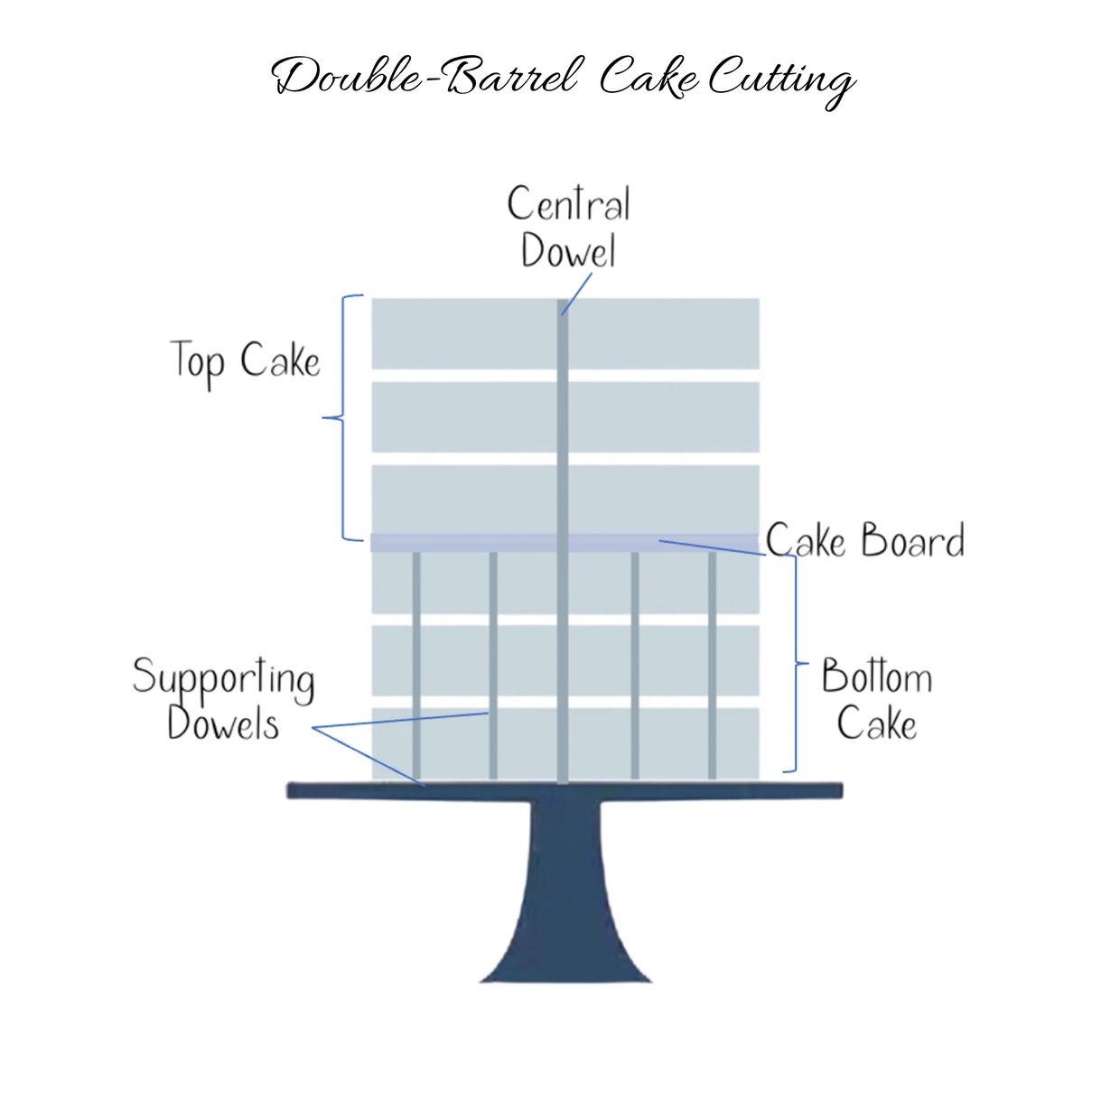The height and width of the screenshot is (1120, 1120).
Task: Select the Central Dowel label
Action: point(568,226)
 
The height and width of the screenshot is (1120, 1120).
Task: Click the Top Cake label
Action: point(246,363)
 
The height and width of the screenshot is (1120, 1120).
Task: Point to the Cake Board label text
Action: point(865,540)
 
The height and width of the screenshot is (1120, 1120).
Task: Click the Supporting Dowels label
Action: point(224,698)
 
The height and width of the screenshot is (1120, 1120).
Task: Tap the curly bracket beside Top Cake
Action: point(341,417)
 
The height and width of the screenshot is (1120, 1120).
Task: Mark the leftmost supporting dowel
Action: point(416,666)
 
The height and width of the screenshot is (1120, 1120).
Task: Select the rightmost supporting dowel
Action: point(712,666)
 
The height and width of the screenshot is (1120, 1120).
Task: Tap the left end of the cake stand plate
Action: point(289,789)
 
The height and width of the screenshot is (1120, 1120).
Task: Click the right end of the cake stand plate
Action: point(841,789)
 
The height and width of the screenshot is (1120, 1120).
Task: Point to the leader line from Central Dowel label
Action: point(576,294)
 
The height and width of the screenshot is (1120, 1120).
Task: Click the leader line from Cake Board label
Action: point(713,548)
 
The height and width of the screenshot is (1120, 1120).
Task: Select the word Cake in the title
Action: point(649,79)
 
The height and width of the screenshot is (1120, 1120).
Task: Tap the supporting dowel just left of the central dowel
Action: point(493,666)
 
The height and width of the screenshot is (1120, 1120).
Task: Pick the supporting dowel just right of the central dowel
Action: point(635,666)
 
